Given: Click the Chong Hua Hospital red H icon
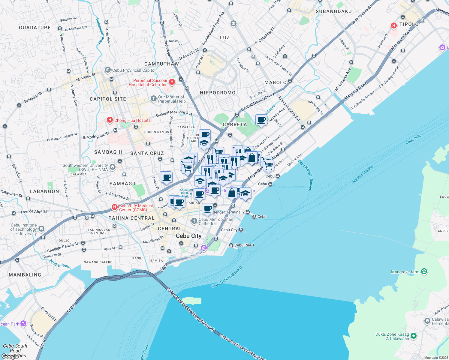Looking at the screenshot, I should click(110, 120).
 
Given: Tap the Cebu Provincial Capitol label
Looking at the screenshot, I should click(134, 70).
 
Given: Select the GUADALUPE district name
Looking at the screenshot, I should click(35, 28).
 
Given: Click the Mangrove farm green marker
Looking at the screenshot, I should click(424, 272).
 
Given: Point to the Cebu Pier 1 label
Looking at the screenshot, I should click(244, 245).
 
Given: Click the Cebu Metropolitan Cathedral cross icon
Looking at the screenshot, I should click(194, 221).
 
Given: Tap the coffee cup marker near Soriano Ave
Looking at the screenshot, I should click(261, 120).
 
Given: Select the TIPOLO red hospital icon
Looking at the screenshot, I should click(394, 26).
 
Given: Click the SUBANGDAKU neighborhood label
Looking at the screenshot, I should click(333, 11).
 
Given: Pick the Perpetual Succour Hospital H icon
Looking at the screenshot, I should click(172, 82).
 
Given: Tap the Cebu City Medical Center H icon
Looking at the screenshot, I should click(114, 207).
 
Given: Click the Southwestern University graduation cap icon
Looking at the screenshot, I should click(113, 167).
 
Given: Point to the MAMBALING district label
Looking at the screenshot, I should click(25, 275).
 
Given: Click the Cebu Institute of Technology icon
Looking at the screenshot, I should click(41, 229).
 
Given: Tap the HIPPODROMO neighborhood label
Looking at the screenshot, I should click(218, 93).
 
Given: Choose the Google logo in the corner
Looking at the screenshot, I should click(11, 356).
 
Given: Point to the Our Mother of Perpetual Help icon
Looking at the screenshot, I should click(153, 99).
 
